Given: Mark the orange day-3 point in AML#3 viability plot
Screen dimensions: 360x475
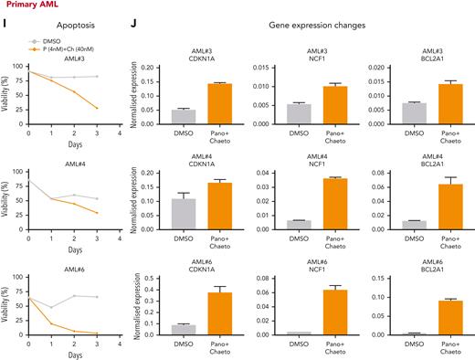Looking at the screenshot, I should coord(97,109).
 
